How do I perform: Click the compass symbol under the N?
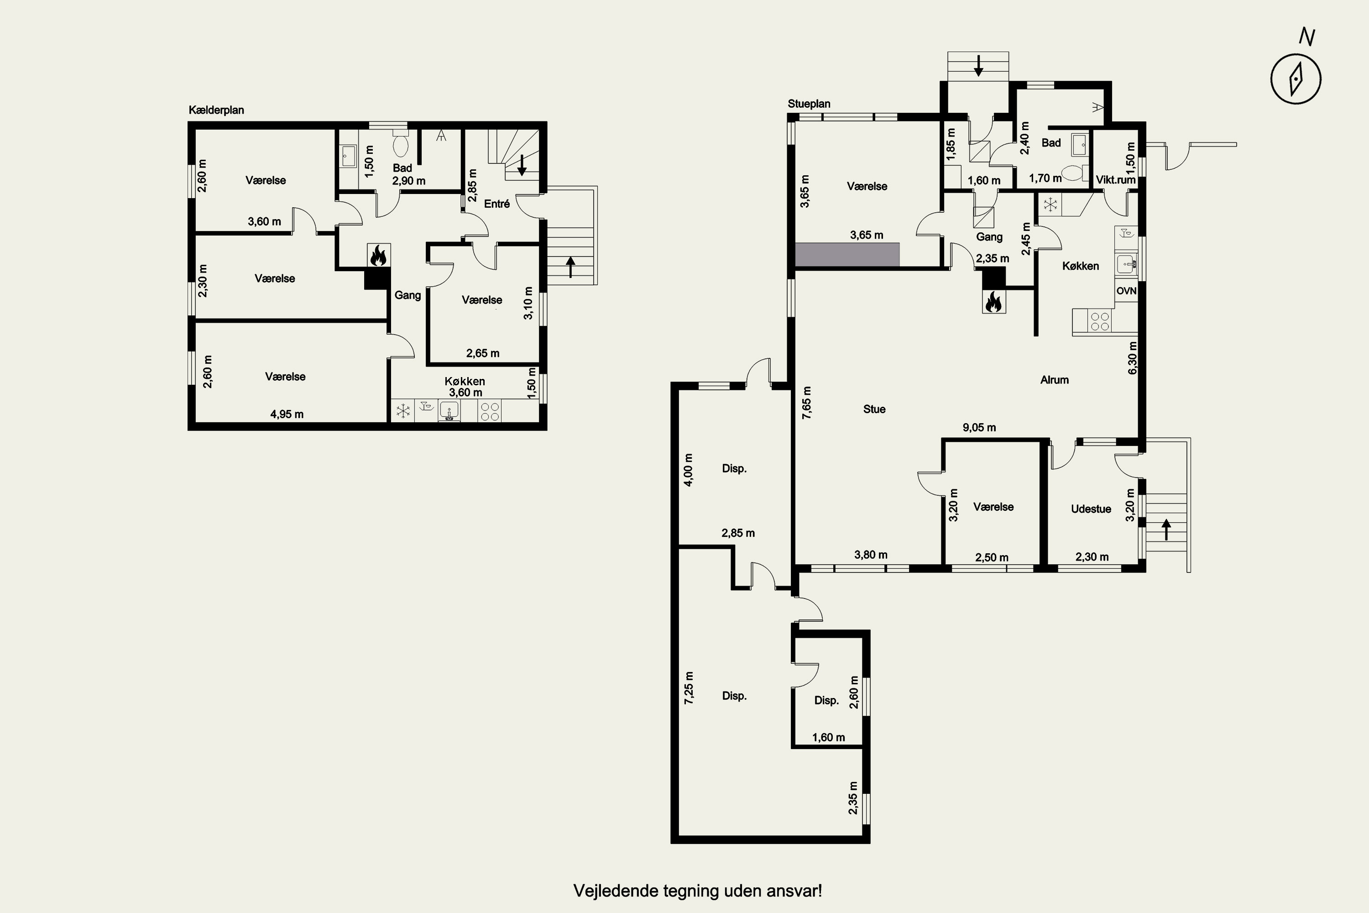point(1296,79)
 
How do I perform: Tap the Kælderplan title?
point(216,110)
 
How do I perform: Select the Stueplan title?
point(809,104)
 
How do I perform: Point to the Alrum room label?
point(1055,380)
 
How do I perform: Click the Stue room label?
point(874,409)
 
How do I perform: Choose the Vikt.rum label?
point(1116,180)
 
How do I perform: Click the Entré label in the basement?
point(497,204)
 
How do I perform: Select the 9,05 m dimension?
point(979,427)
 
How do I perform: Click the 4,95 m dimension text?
point(287,415)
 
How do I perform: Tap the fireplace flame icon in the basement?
point(378,256)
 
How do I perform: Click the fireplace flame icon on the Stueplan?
point(993,302)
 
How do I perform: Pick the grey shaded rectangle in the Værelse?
point(847,254)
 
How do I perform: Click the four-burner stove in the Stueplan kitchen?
point(1099,321)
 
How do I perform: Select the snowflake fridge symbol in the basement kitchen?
point(403,412)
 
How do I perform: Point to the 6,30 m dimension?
point(1133,358)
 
